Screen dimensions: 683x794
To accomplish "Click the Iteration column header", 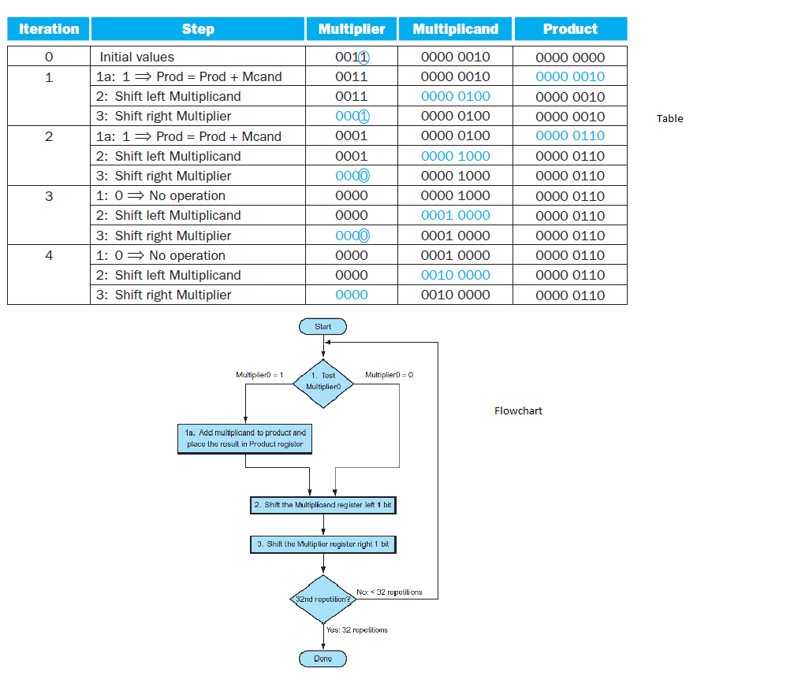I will (49, 29).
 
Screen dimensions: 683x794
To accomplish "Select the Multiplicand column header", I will (455, 29).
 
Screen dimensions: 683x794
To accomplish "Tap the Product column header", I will (570, 29).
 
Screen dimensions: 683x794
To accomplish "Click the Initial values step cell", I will (136, 57).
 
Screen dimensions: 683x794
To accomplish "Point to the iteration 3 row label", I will (49, 195).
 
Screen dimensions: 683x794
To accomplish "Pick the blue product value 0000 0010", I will (570, 76).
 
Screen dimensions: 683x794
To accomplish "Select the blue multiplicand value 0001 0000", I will (455, 215).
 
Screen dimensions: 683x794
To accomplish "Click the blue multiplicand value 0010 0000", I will (455, 275).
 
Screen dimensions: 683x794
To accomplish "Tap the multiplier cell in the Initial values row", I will (352, 57).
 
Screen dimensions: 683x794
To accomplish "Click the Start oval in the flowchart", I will (322, 326).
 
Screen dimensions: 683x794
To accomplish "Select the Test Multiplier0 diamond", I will (322, 382).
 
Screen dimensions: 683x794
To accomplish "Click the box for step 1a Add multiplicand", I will (246, 439).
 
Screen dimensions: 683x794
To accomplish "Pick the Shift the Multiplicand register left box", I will (322, 505).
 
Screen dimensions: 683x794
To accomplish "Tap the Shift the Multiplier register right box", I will (322, 544).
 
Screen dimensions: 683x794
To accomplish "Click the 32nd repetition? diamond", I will (322, 599).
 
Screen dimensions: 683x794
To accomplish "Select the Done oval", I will (322, 659).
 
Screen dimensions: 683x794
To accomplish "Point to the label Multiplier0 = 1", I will (259, 375).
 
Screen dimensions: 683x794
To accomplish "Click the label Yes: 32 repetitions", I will (357, 630).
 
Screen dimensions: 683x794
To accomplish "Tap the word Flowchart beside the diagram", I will (518, 410).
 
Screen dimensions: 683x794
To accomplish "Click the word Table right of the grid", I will (669, 119).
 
